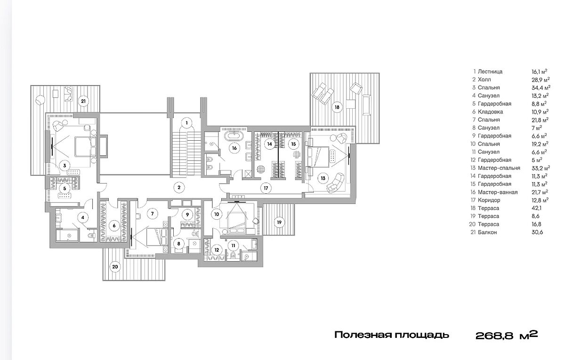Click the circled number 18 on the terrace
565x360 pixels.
[x=337, y=107]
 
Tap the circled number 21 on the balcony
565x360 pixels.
[x=83, y=101]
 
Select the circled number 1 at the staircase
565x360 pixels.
[x=186, y=123]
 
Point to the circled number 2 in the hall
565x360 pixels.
[x=179, y=187]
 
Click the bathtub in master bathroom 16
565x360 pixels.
[x=234, y=136]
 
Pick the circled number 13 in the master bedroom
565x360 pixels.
[x=323, y=178]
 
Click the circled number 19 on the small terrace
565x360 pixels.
[x=279, y=222]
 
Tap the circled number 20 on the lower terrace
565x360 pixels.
[x=115, y=266]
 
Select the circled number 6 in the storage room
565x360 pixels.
[x=114, y=225]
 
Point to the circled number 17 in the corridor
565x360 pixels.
[x=266, y=188]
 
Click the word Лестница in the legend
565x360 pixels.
[x=490, y=72]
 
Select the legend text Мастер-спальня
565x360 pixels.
[x=499, y=168]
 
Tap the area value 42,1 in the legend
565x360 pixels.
[x=537, y=208]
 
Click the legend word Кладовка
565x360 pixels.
[x=490, y=112]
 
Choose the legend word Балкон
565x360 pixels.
[x=487, y=232]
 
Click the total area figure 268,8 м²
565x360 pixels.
[x=507, y=335]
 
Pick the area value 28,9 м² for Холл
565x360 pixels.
[x=541, y=80]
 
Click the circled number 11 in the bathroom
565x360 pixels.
[x=233, y=246]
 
